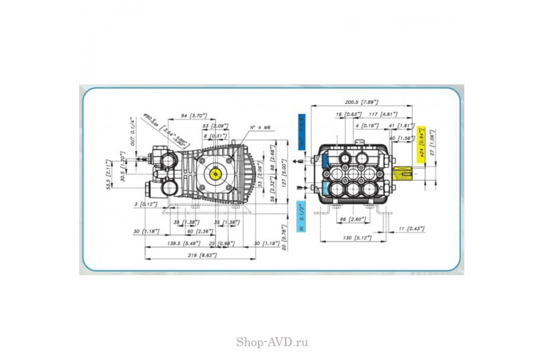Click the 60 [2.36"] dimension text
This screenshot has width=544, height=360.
pyautogui.click(x=196, y=231)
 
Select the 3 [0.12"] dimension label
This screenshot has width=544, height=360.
pyautogui.click(x=146, y=204)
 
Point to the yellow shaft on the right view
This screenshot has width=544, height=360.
pyautogui.click(x=403, y=172)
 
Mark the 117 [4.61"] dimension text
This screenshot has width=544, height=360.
pyautogui.click(x=383, y=114)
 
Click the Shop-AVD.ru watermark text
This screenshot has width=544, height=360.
pyautogui.click(x=272, y=343)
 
